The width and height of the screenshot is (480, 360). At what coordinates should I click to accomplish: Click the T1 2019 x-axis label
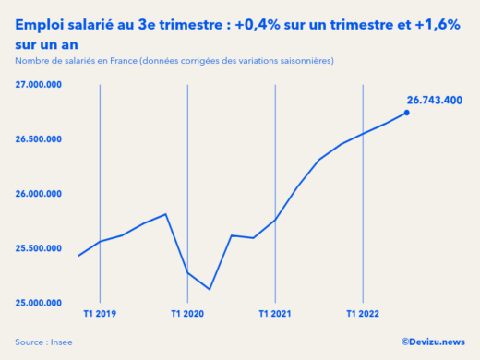[x=99, y=314]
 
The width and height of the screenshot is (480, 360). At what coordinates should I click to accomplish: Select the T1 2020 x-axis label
[x=187, y=314]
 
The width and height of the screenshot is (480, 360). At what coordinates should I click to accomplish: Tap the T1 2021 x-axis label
[x=275, y=314]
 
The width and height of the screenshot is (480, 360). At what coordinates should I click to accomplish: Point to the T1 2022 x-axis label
[x=363, y=314]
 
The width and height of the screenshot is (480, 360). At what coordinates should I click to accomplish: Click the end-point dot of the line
[x=407, y=113]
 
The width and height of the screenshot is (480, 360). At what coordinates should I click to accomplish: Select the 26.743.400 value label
[x=435, y=100]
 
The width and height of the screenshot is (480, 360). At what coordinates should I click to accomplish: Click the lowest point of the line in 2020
[x=210, y=289]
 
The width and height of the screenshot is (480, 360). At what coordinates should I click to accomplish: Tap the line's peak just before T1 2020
[x=165, y=214]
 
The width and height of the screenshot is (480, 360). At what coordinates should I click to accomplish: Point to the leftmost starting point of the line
[x=78, y=256]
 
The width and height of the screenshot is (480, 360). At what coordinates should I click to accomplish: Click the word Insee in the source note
[x=61, y=342]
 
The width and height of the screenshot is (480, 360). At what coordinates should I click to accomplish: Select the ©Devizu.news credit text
[x=434, y=342]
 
